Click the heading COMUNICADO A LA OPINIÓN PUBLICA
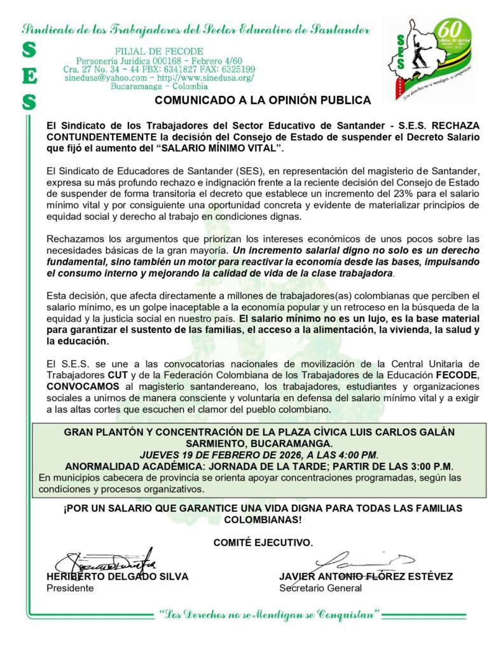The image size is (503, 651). tap(263, 100)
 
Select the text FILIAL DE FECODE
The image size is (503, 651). tap(159, 51)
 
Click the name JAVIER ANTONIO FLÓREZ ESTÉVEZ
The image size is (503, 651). tap(366, 577)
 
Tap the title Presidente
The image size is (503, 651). tap(70, 588)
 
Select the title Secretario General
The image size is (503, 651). tap(320, 588)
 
